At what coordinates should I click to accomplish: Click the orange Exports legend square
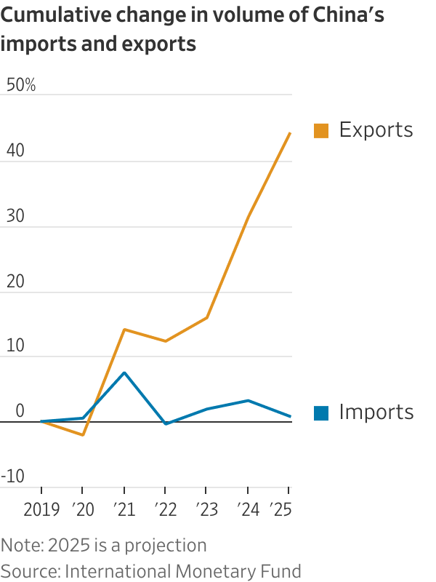(x=321, y=131)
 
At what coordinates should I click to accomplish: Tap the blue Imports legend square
(x=321, y=412)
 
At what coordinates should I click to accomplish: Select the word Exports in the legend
(x=376, y=130)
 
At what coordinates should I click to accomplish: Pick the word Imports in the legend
(x=376, y=412)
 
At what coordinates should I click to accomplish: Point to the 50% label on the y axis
(x=20, y=85)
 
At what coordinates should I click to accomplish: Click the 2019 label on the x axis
(x=41, y=510)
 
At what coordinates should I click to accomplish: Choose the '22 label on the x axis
(x=166, y=510)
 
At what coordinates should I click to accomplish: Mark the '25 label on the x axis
(x=281, y=510)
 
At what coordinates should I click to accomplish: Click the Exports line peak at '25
(x=290, y=133)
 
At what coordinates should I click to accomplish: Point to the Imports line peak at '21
(x=124, y=372)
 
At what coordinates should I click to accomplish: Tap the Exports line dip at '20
(x=83, y=435)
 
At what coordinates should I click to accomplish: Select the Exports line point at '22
(x=166, y=341)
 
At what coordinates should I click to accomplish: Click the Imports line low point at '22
(x=166, y=423)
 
